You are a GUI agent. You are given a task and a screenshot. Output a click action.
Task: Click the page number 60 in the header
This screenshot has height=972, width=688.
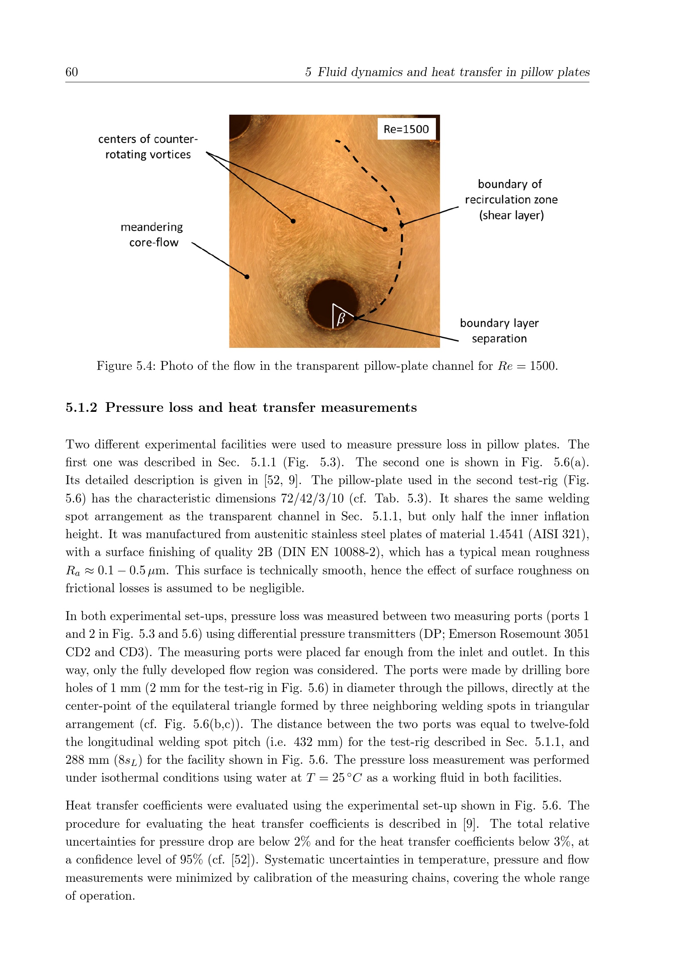[x=72, y=72]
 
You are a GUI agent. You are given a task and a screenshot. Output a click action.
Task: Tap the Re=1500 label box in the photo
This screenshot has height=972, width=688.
[x=406, y=129]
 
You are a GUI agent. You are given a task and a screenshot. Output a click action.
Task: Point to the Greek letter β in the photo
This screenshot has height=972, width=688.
[x=341, y=318]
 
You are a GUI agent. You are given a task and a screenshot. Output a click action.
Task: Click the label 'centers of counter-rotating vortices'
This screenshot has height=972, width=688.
[x=148, y=147]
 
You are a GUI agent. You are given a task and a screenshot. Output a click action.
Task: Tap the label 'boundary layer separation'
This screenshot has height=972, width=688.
[x=499, y=331]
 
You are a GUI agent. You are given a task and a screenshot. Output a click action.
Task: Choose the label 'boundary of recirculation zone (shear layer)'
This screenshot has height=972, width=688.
[x=511, y=199]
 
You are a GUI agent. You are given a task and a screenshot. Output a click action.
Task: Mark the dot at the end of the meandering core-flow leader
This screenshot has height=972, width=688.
[x=247, y=277]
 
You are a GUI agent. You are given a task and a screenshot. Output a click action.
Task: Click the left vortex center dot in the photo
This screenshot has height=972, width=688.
[x=293, y=221]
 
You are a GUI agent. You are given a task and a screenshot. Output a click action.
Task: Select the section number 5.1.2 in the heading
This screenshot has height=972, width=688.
[x=82, y=407]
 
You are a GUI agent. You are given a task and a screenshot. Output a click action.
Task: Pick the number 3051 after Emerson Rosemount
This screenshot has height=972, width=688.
[x=576, y=634]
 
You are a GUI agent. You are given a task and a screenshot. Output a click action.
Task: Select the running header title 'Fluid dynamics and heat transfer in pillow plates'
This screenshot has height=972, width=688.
[x=453, y=72]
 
